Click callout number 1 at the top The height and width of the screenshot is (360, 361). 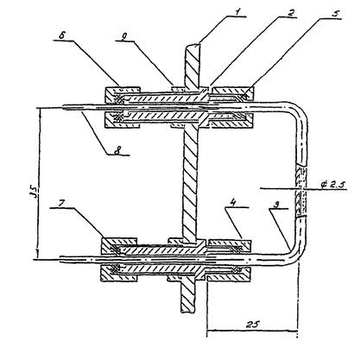237,12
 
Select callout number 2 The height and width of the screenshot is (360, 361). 291,13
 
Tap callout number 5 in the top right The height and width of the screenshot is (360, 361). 335,14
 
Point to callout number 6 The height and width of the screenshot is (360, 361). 61,35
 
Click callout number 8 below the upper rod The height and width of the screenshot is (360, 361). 117,150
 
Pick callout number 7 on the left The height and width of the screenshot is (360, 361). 61,203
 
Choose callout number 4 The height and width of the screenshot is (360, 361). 233,202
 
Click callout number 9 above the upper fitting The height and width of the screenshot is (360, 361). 123,36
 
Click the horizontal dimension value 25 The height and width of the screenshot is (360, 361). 253,324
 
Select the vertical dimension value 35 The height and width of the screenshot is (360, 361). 35,193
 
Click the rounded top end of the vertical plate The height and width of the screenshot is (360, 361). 192,47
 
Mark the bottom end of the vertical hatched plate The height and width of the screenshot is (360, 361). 187,310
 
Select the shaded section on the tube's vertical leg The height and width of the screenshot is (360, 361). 301,190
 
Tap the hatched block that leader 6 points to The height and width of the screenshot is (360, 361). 123,92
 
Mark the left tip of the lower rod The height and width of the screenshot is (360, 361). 60,258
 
